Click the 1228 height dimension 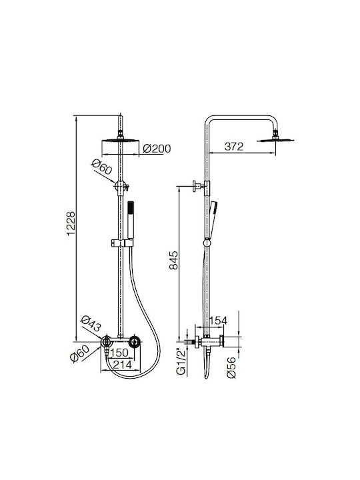pyautogui.click(x=71, y=223)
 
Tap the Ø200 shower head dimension pyautogui.click(x=157, y=149)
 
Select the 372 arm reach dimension pyautogui.click(x=234, y=147)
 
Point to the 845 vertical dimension pyautogui.click(x=173, y=260)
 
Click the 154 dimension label pyautogui.click(x=218, y=321)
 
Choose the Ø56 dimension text pyautogui.click(x=232, y=367)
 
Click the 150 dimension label pyautogui.click(x=119, y=353)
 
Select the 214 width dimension pyautogui.click(x=122, y=365)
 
